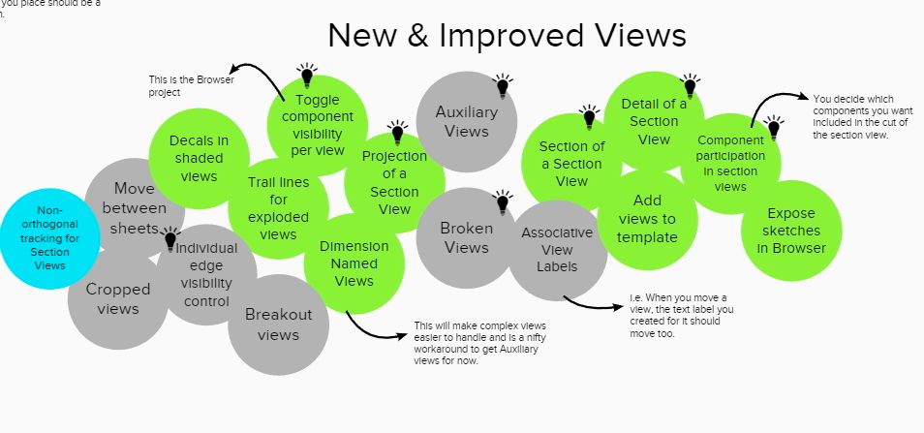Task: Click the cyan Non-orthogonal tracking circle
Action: [x=49, y=238]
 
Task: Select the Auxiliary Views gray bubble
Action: [x=467, y=122]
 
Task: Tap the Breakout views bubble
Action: [x=278, y=325]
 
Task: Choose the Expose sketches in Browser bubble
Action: [x=791, y=231]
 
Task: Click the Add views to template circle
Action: [x=648, y=219]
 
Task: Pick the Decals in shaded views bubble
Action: [x=199, y=159]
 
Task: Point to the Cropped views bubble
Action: [x=118, y=299]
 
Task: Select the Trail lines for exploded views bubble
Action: [x=278, y=208]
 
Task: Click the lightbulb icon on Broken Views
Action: [x=503, y=202]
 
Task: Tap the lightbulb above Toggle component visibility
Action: [x=306, y=76]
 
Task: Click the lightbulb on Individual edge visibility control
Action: [x=170, y=238]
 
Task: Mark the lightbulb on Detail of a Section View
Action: [x=690, y=85]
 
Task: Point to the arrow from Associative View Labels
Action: [x=591, y=306]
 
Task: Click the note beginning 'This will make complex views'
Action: [x=479, y=344]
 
